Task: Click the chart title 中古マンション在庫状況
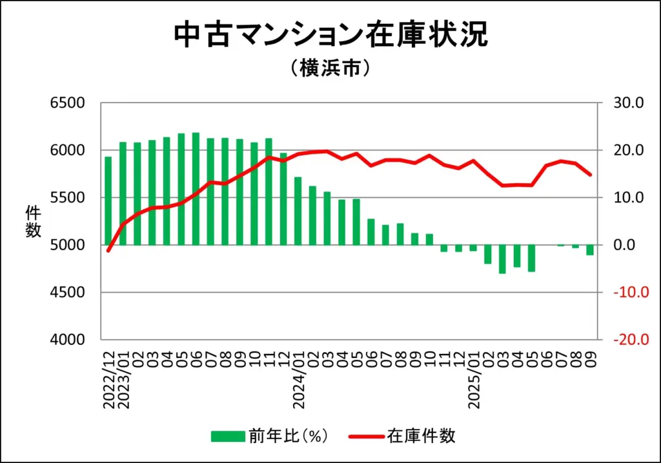point(330,35)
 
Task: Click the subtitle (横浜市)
point(330,68)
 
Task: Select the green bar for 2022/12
point(108,201)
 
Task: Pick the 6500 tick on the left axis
point(68,103)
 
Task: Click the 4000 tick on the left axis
point(68,340)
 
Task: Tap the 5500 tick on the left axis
point(68,198)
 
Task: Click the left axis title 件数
point(33,221)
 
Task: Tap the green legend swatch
point(229,437)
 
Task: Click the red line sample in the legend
point(367,437)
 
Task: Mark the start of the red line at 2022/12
point(108,251)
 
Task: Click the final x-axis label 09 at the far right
point(590,353)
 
